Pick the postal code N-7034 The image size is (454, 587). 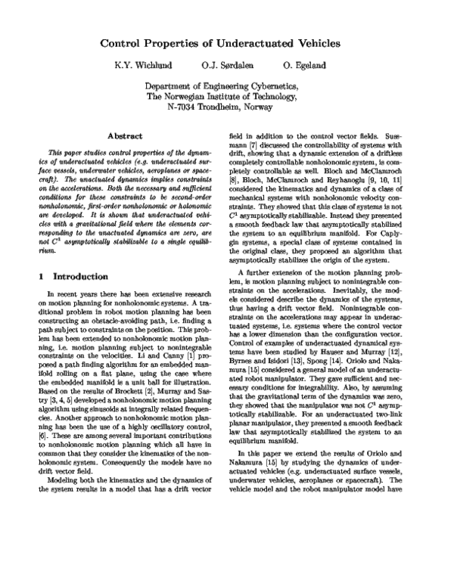coord(182,107)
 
